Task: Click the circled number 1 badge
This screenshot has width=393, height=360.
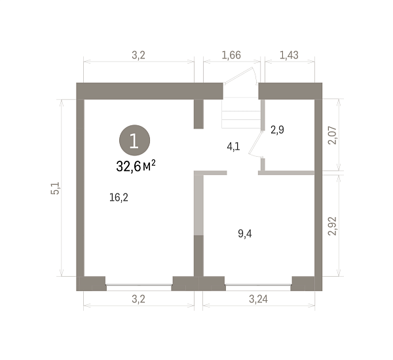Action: coord(134,140)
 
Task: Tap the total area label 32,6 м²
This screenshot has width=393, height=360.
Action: coord(136,166)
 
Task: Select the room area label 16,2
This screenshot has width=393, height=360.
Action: coord(119,197)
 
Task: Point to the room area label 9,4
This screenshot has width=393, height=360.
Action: coord(245,234)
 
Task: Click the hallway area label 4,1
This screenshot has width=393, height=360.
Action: coord(233,146)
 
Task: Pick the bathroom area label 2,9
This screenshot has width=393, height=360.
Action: coord(277,130)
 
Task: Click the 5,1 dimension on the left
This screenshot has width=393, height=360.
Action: coord(55,188)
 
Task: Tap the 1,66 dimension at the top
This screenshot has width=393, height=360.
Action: coord(231,55)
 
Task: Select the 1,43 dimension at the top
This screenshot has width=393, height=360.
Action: coord(289,55)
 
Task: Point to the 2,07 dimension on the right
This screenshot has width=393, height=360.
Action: coord(333,135)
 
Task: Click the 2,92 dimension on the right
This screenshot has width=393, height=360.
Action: coord(333,226)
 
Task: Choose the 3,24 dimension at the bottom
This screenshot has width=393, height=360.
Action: coord(259,299)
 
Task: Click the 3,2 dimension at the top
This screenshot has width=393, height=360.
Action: coord(139,55)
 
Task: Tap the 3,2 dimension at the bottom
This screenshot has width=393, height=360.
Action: coord(139,299)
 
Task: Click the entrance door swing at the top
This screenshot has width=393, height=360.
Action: coord(240,75)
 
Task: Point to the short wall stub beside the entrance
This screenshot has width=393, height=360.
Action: coord(198,114)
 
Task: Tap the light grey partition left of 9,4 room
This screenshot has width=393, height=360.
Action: coord(198,204)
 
